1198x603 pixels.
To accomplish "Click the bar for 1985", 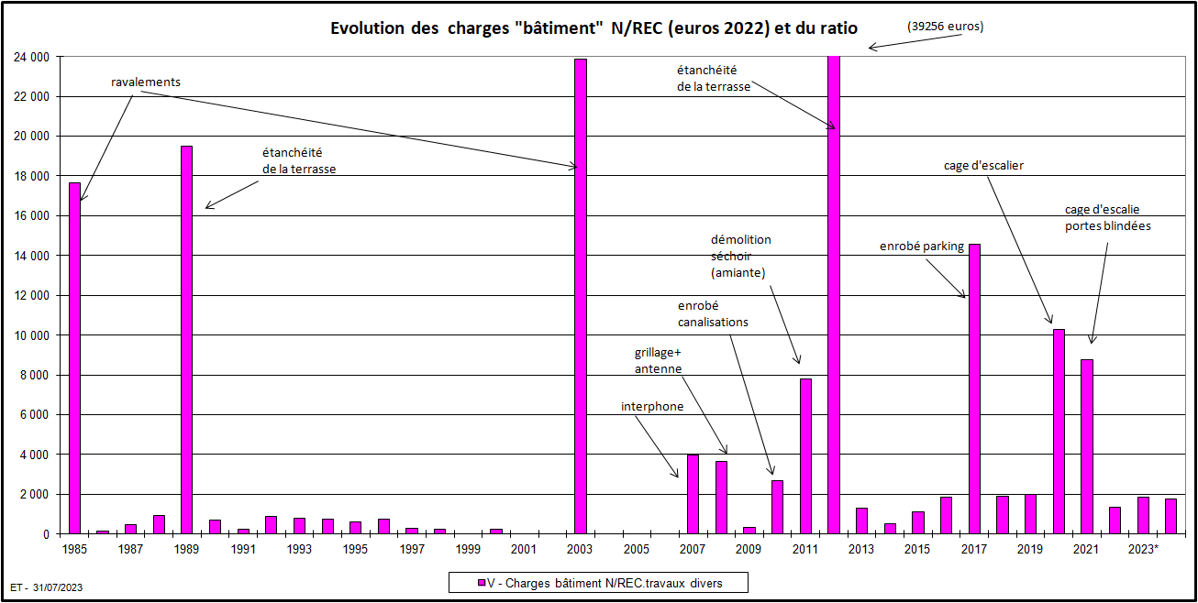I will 75,357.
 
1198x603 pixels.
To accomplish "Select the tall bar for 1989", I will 187,339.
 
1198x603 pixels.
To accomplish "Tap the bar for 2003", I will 581,296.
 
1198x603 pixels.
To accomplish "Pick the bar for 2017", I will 974,389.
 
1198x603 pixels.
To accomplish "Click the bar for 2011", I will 805,455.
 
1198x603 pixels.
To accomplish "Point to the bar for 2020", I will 1059,431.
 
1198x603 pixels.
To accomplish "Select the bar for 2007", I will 693,494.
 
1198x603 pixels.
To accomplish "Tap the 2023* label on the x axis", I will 1143,549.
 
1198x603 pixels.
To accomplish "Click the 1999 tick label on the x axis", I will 468,549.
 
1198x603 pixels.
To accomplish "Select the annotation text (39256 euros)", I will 945,27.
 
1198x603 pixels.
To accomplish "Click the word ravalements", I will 146,82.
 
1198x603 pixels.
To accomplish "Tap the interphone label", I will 652,406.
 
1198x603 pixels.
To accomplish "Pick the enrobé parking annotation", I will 922,246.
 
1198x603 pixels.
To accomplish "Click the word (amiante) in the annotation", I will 738,273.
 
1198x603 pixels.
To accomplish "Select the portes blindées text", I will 1107,226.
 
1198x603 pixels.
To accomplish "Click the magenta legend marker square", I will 482,583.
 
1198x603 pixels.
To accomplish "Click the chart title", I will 594,28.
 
